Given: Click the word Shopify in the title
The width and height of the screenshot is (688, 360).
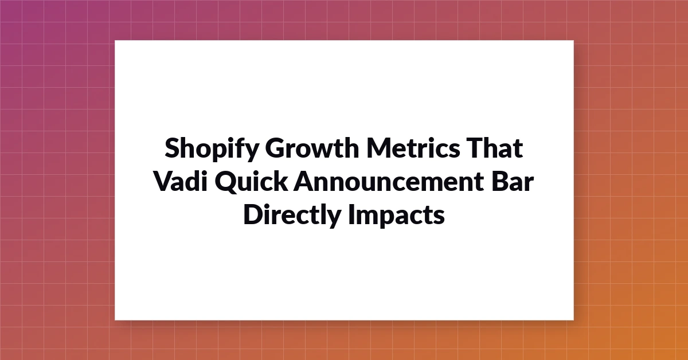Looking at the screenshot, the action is tap(212, 149).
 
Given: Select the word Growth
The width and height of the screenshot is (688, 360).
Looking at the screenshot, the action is tap(312, 148).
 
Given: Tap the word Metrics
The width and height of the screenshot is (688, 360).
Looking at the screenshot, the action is tap(413, 148).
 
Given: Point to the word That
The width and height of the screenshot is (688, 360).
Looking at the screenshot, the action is tap(494, 148).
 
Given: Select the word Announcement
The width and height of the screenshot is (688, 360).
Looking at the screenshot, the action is tap(389, 181).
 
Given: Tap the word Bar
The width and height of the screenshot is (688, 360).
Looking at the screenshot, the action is tap(513, 181).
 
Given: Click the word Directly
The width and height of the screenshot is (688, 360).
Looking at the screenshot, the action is tap(292, 216).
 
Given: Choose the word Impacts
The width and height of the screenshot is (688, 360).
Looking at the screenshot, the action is tap(397, 216).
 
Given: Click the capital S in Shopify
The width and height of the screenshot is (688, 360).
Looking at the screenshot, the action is tap(173, 148).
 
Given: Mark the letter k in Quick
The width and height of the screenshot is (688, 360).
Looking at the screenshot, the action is tap(280, 181).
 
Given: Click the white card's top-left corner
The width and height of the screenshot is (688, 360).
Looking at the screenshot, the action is tap(115, 40).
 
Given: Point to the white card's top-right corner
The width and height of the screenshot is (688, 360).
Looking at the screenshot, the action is tap(574, 40).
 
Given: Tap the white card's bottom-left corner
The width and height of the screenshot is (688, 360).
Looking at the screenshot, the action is tap(115, 320).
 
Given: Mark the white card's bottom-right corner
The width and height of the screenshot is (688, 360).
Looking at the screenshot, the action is tap(574, 320).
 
